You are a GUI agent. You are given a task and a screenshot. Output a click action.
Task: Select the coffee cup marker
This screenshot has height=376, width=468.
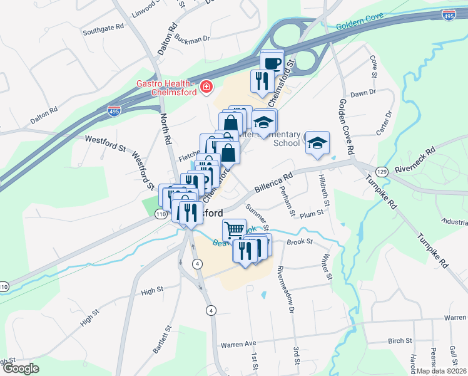coord(272,63)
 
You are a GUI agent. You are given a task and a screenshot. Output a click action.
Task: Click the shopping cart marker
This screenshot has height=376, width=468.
coord(234,229)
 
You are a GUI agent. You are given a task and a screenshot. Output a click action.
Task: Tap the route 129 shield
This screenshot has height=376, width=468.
coord(381,171)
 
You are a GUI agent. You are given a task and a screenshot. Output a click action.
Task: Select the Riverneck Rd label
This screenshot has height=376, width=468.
coord(420,160)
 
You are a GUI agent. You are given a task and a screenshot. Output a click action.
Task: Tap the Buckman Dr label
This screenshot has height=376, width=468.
coord(192,39)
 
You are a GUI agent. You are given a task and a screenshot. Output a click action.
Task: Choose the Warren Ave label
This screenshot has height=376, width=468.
coord(238,344)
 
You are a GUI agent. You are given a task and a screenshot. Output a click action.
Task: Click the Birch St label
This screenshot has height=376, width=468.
coord(400,341)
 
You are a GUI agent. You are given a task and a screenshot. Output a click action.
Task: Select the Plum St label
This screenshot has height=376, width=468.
coord(311,213)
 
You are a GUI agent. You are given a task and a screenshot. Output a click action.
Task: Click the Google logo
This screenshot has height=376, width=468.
coord(21,368)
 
